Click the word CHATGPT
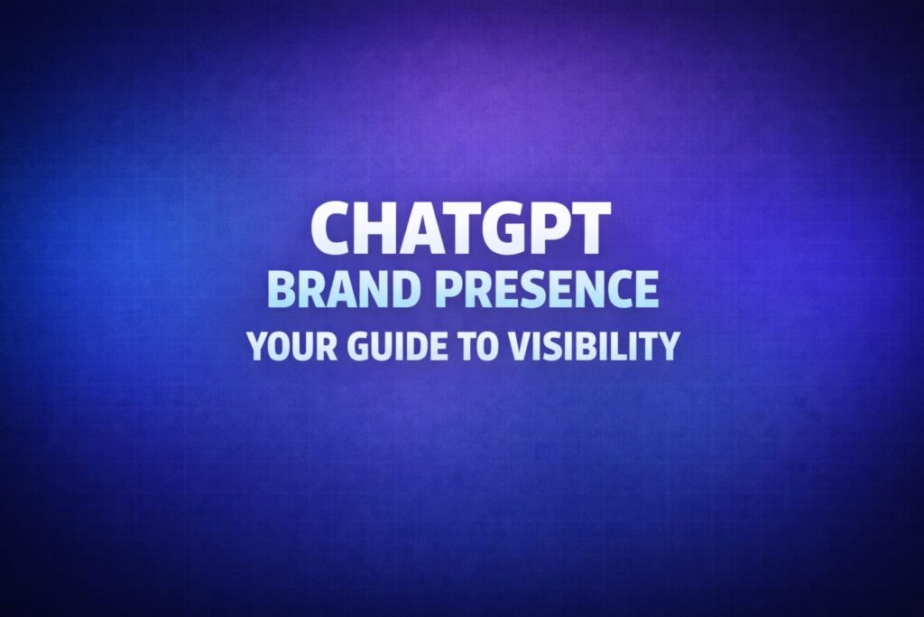(x=461, y=228)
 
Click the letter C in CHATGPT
(x=334, y=228)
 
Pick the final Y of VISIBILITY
(x=666, y=346)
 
